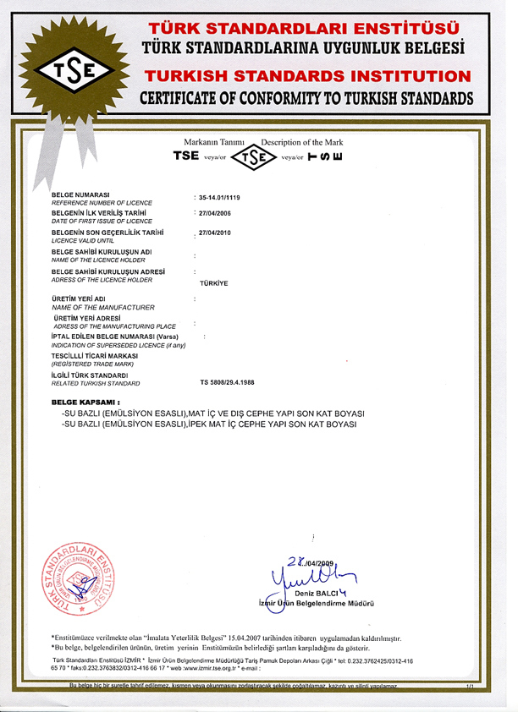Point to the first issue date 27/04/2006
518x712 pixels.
(x=214, y=214)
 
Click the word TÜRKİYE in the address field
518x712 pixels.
(x=213, y=283)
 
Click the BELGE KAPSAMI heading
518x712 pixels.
(x=85, y=402)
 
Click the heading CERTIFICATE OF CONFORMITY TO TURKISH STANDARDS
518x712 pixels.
(x=307, y=97)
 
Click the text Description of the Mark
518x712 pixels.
(x=302, y=141)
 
